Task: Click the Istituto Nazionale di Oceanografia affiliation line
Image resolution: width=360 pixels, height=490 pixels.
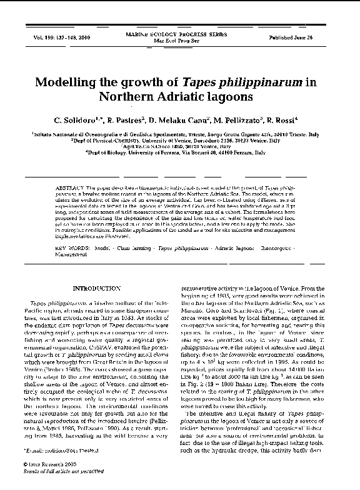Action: pyautogui.click(x=179, y=134)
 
